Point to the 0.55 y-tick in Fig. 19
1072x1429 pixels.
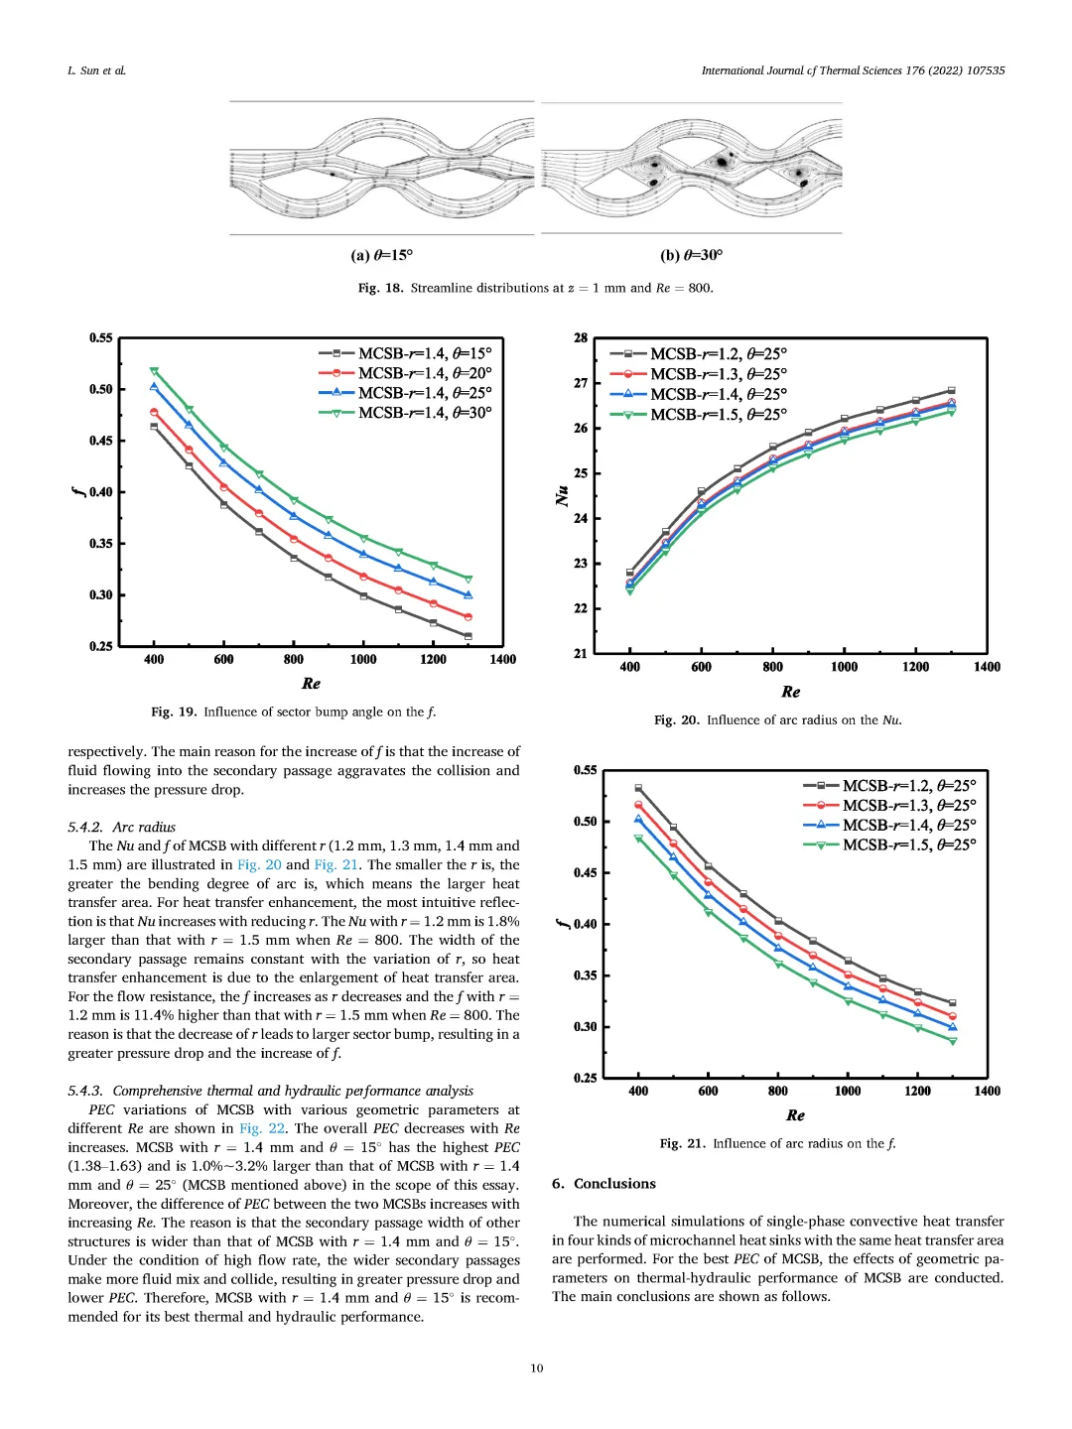[x=101, y=338]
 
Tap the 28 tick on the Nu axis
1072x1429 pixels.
[x=581, y=338]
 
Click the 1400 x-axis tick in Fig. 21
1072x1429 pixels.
[x=987, y=1092]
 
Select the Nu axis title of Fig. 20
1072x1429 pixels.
[x=562, y=496]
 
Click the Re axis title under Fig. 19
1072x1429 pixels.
[x=311, y=684]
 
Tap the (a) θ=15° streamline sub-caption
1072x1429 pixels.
[x=381, y=256]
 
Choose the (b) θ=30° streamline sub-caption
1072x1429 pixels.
[x=691, y=256]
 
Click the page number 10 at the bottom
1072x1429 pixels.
[x=536, y=1368]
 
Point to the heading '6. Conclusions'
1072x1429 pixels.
[x=603, y=1184]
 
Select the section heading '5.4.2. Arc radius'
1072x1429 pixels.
[x=121, y=828]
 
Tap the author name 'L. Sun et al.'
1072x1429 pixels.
[x=96, y=70]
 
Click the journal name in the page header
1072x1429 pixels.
[x=853, y=70]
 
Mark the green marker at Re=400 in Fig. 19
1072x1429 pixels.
[x=154, y=371]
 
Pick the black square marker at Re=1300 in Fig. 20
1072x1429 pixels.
[x=951, y=391]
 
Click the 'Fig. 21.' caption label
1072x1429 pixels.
[x=682, y=1144]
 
